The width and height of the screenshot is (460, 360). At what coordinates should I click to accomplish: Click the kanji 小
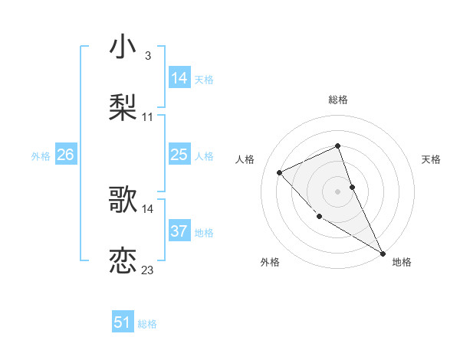[123, 47]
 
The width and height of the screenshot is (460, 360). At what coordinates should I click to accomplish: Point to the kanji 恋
[123, 260]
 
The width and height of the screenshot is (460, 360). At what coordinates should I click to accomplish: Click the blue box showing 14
[179, 78]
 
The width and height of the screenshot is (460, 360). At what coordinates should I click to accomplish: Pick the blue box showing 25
[179, 155]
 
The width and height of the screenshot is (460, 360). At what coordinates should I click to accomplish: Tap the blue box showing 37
[179, 231]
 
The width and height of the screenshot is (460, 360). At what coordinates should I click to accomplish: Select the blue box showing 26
[65, 155]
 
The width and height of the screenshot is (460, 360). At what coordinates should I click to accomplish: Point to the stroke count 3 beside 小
[147, 56]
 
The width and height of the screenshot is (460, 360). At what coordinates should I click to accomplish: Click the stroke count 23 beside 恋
[147, 269]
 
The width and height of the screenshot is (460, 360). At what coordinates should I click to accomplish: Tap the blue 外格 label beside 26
[41, 156]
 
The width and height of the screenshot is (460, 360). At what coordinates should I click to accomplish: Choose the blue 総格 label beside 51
[147, 324]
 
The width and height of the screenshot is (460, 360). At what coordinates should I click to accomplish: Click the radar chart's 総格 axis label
[338, 100]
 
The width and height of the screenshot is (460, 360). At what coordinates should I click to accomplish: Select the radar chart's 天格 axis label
[431, 159]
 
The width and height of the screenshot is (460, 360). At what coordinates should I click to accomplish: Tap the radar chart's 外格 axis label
[270, 262]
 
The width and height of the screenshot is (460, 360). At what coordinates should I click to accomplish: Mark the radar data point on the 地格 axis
[383, 253]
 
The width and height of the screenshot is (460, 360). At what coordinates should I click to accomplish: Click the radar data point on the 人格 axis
[280, 172]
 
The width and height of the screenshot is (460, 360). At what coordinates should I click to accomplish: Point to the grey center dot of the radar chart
[338, 191]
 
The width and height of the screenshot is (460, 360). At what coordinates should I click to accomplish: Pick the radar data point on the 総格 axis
[338, 146]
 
